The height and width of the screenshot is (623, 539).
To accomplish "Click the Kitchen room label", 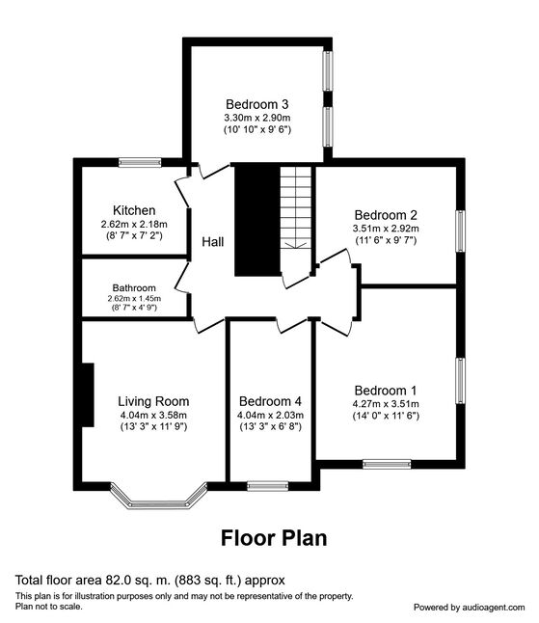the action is pos(134,210).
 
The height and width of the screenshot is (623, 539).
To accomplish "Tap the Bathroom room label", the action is pos(134,287).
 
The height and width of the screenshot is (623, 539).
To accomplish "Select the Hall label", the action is pos(212,241).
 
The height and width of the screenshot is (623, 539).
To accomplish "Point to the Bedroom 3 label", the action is pos(257,104).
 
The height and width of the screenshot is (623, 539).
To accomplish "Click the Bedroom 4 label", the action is pos(270,401).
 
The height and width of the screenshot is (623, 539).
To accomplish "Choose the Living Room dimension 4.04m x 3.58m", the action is pos(153,416).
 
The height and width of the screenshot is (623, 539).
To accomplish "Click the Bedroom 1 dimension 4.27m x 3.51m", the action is pos(386,404).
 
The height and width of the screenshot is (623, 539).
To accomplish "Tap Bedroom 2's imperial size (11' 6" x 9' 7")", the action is pos(386,240).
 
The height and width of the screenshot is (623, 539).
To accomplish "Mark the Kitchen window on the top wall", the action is pos(140,163).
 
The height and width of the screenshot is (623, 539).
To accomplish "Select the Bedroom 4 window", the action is pos(267,486).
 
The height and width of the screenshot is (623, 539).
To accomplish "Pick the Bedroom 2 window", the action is pos(460,231).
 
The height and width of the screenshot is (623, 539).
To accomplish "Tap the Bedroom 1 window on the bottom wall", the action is pos(387,464).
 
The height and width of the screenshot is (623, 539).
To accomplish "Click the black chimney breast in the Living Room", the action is pos(88,395).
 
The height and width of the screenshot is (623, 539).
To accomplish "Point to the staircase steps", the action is pos(295,207).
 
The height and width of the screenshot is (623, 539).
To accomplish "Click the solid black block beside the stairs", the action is pos(257,220).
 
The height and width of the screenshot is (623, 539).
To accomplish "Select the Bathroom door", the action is pos(182,278).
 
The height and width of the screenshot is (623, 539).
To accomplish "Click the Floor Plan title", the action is pos(274,538).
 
